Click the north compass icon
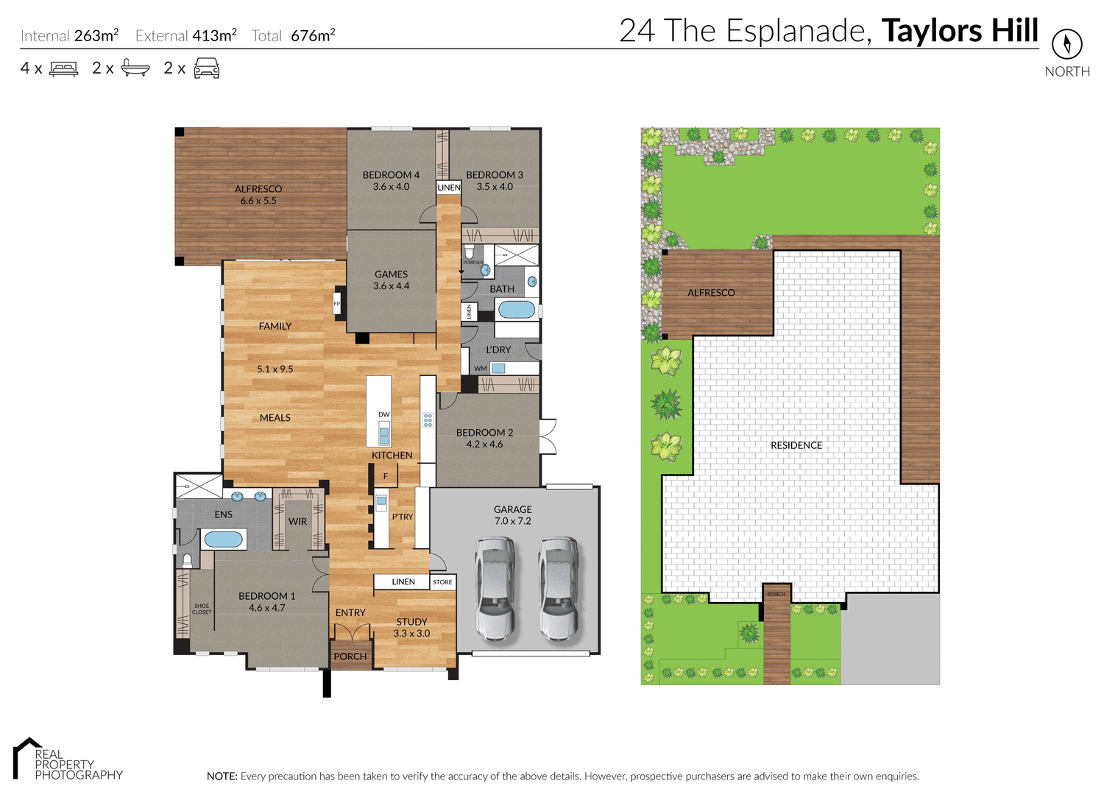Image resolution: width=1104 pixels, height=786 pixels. (1066, 44)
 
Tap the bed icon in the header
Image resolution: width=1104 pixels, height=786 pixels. (63, 69)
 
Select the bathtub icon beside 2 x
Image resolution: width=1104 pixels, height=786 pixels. (135, 68)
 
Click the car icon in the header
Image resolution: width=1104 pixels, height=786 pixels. (206, 68)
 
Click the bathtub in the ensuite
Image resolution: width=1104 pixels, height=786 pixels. (223, 539)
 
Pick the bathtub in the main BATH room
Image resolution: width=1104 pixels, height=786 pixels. (517, 309)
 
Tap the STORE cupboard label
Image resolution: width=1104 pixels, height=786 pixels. (442, 582)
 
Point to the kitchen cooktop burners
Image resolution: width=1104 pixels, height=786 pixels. (428, 421)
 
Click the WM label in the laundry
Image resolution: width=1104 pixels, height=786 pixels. (481, 369)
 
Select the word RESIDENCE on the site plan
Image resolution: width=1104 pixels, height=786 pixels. (796, 445)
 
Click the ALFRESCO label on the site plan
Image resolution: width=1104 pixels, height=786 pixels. (711, 293)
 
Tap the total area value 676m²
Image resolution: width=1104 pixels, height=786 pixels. (313, 35)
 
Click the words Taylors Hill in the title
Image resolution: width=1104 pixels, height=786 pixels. (960, 31)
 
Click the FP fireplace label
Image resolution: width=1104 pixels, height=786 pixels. (337, 303)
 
